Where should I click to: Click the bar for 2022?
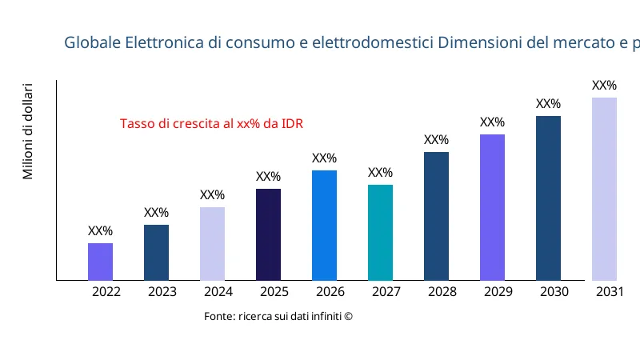(x=100, y=262)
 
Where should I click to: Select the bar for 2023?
(x=156, y=252)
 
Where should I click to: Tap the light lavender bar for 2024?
(x=212, y=243)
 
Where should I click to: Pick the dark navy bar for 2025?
(x=268, y=234)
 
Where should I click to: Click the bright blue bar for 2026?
(x=324, y=225)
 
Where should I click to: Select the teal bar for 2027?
(x=380, y=232)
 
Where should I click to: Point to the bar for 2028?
(x=436, y=216)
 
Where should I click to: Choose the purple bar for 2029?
(x=492, y=207)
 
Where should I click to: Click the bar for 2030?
(x=548, y=198)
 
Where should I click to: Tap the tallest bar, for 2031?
(x=604, y=189)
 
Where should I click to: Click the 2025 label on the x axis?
(x=274, y=292)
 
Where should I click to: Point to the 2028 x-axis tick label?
(x=442, y=292)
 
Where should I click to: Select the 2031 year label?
(x=610, y=292)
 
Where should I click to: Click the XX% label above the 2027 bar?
(x=380, y=173)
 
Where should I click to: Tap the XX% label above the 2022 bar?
(x=100, y=231)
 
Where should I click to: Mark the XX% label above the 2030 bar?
(x=548, y=104)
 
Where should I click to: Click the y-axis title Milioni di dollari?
(x=28, y=130)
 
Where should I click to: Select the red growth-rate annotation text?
(x=212, y=124)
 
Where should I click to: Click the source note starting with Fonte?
(x=278, y=317)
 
